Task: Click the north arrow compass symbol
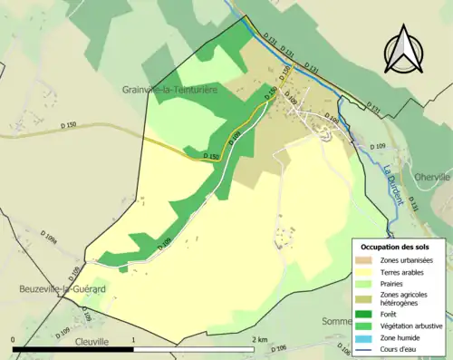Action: click(403, 51)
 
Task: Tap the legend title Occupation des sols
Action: click(397, 247)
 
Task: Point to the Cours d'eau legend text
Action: click(402, 348)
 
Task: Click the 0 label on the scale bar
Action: click(14, 340)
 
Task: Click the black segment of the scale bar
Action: click(72, 349)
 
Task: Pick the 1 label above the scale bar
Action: click(134, 340)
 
